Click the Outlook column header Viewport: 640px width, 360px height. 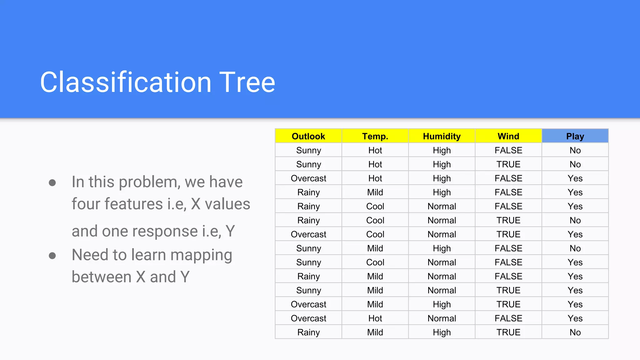308,136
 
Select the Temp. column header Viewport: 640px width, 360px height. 375,136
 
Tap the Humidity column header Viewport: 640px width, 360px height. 442,136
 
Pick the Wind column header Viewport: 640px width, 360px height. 508,136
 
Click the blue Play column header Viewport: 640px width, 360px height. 575,136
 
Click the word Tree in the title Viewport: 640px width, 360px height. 247,82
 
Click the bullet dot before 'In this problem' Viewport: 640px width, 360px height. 52,182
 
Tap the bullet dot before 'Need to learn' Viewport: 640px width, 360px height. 52,256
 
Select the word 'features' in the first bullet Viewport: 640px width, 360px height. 133,204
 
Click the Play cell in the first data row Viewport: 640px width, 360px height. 575,150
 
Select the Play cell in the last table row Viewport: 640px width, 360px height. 575,332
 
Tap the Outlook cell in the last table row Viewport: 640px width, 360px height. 308,332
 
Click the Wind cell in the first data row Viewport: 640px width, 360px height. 508,150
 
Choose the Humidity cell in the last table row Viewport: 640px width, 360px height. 442,332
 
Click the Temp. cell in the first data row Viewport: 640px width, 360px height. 375,150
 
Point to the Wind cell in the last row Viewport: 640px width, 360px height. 508,332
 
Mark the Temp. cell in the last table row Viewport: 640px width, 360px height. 375,332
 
